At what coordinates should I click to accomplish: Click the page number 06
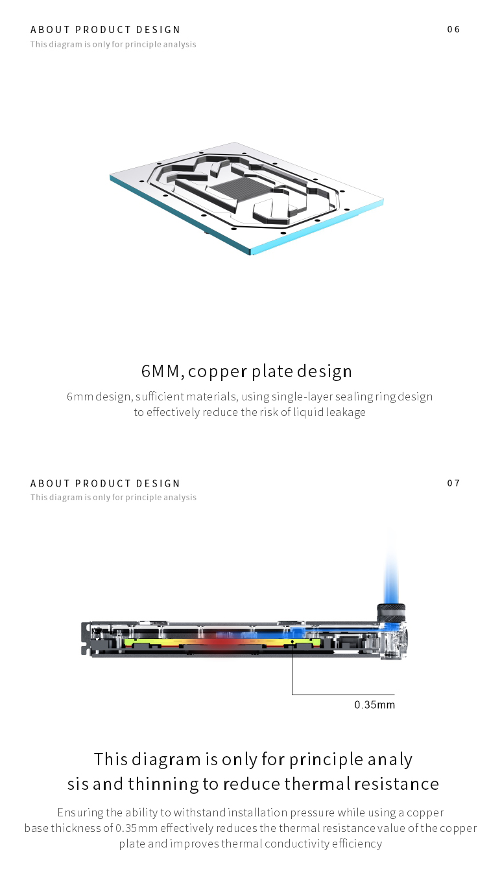(x=453, y=29)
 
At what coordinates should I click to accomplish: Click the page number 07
(x=453, y=483)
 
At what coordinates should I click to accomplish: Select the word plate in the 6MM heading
(x=272, y=371)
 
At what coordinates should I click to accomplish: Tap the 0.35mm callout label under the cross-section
(x=374, y=704)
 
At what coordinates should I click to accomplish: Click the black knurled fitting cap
(x=391, y=611)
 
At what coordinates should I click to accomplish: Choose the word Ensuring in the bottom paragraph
(x=80, y=813)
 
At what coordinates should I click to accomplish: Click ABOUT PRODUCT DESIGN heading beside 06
(x=106, y=30)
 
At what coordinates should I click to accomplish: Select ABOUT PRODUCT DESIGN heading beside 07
(x=106, y=483)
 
